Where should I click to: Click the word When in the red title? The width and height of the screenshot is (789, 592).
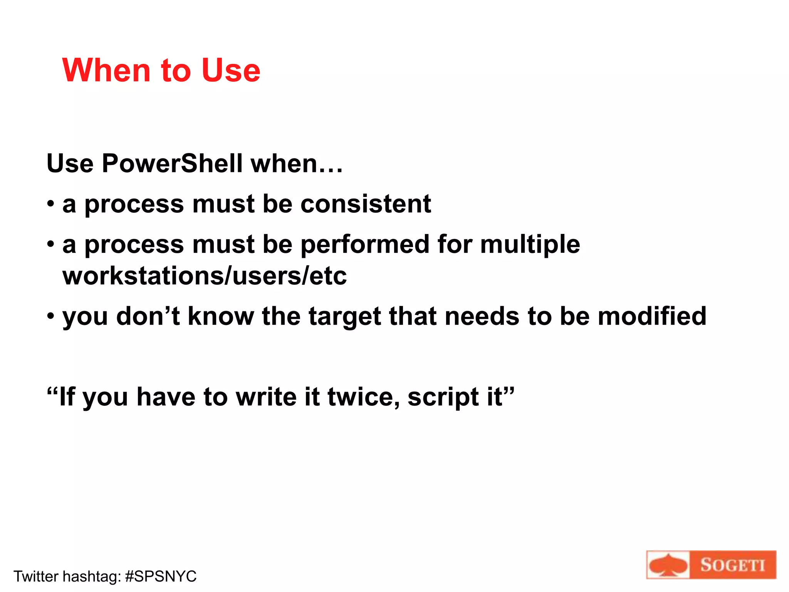click(106, 71)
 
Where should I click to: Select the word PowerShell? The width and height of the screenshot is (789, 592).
click(172, 163)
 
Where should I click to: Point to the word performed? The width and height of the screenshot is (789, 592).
click(364, 245)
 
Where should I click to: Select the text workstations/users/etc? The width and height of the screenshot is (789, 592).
click(204, 276)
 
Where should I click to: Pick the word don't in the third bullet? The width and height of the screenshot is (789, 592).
click(148, 316)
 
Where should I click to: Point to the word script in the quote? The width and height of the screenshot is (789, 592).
click(443, 397)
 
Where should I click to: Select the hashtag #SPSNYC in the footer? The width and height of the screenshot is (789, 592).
click(161, 577)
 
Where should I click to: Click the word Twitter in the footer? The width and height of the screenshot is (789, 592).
click(36, 577)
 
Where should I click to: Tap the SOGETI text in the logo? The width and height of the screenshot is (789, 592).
click(732, 565)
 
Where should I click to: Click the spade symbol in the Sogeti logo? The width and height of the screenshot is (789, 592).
click(668, 565)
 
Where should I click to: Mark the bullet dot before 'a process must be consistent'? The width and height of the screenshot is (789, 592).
click(50, 204)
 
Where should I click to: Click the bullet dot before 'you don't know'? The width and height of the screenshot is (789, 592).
click(50, 316)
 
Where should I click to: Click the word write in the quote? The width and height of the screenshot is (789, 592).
click(266, 397)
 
